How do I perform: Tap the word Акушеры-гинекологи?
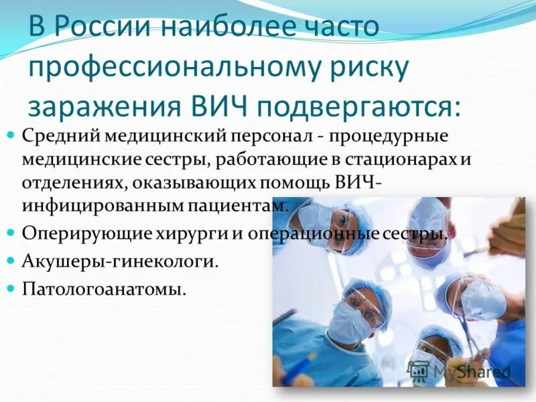[121, 261]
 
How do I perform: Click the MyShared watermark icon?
[418, 371]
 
